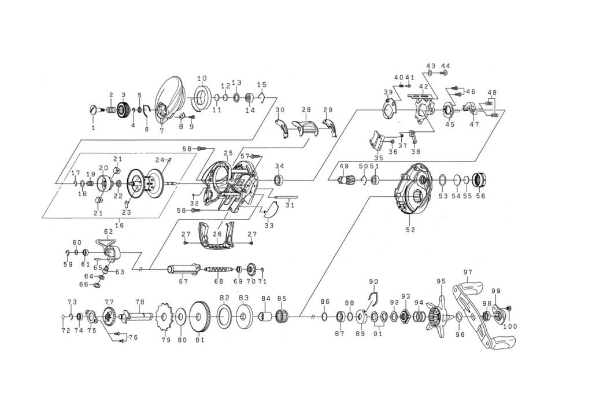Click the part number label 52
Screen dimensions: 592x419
[x=410, y=229]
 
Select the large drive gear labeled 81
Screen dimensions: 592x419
[x=200, y=315]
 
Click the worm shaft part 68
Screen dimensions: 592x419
[x=218, y=270]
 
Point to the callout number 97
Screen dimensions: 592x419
[x=468, y=272]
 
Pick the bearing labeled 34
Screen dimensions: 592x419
[x=279, y=179]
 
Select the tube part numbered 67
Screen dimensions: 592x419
[x=183, y=269]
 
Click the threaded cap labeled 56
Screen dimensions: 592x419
[x=479, y=179]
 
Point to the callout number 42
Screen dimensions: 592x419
[x=423, y=87]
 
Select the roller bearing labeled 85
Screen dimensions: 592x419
[x=282, y=314]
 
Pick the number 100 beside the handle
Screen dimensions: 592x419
[x=510, y=326]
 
